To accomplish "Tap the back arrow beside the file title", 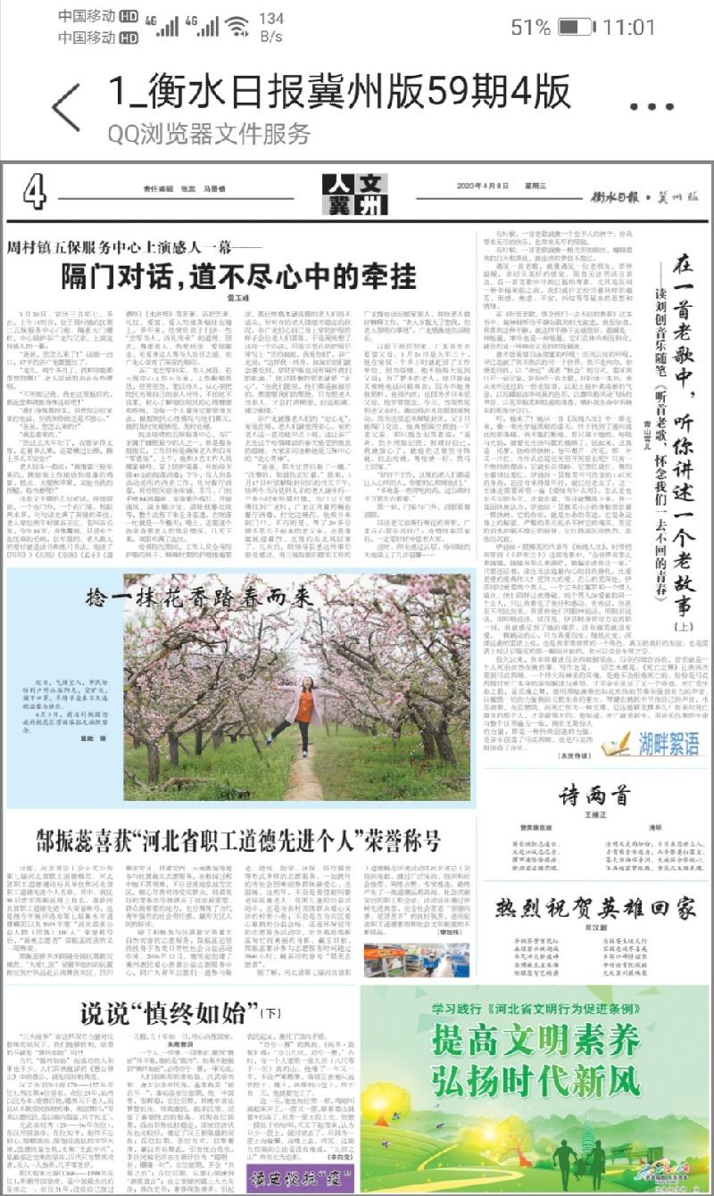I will coord(65,107).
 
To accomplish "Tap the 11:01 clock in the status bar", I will coord(629,27).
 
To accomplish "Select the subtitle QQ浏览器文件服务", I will coord(209,134).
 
